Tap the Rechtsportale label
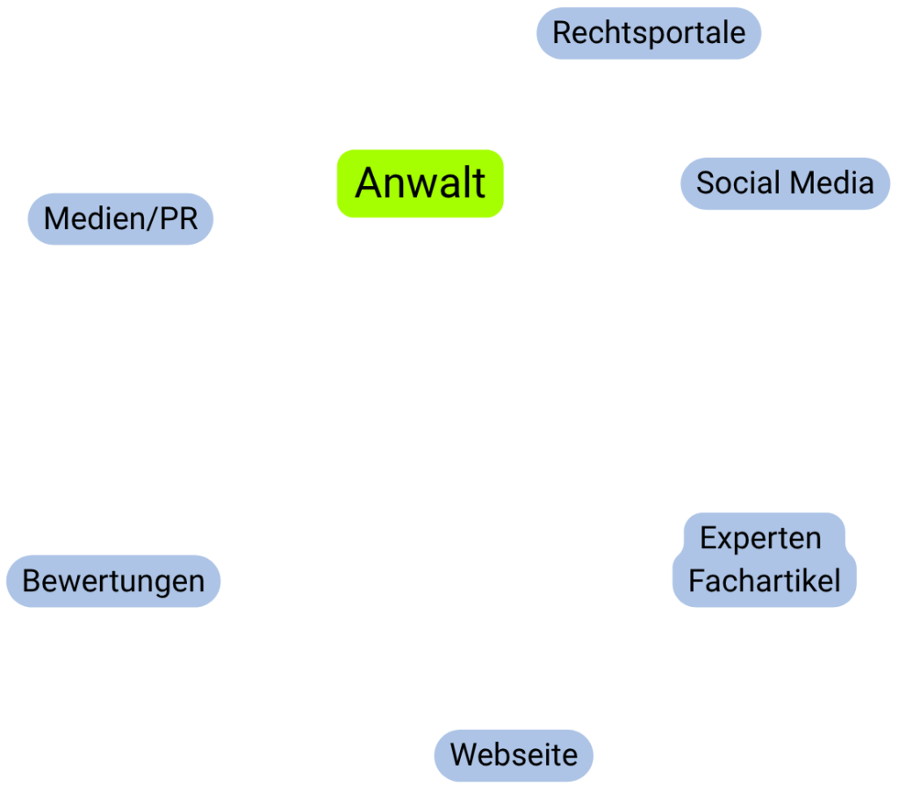(x=649, y=33)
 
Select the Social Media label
(x=785, y=183)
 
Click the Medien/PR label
(x=121, y=218)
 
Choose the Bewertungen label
(x=113, y=581)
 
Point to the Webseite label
(x=514, y=754)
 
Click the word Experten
(x=760, y=538)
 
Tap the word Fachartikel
(x=764, y=581)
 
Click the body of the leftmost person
(x=190, y=395)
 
